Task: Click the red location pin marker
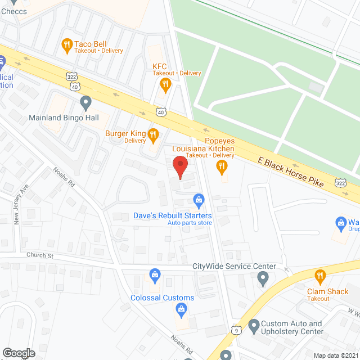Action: coord(179,167)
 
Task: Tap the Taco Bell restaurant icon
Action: coord(67,44)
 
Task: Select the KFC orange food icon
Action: coord(165,85)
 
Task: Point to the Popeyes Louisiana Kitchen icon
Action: coord(222,165)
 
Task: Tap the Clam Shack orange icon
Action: coord(320,276)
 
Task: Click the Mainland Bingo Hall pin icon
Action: coord(85,103)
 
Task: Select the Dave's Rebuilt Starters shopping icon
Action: coord(198,200)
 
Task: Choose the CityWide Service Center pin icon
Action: coord(263,277)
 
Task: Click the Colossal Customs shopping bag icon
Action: coord(181,308)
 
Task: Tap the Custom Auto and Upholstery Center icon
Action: coord(253,325)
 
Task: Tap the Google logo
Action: coord(18,353)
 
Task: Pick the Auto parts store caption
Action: coord(190,223)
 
